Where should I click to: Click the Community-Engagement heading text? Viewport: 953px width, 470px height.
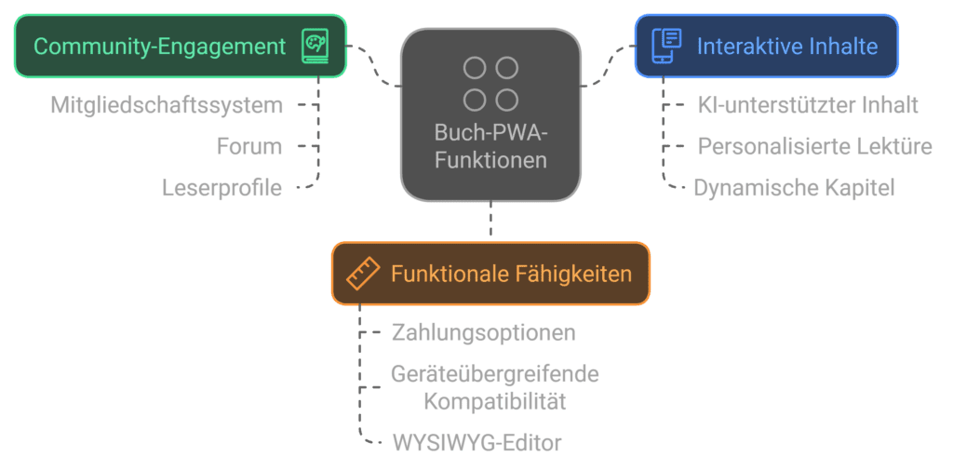coord(159,46)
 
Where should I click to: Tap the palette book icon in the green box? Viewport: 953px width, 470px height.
coord(315,46)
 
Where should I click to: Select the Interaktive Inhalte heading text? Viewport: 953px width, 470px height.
coord(786,46)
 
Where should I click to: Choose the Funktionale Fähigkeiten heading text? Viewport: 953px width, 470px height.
coord(511,274)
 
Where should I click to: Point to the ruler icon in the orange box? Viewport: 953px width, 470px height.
coord(362,274)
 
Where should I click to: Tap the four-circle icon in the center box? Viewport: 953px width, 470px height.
coord(490,84)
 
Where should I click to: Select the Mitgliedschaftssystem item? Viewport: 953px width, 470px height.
coord(167,105)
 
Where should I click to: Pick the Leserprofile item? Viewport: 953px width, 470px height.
coord(221,188)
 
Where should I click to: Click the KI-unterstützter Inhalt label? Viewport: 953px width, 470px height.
coord(808,105)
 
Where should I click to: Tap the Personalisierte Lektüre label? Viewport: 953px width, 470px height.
coord(815,146)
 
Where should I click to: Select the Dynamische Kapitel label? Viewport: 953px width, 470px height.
coord(794,188)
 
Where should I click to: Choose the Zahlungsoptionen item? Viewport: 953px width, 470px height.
coord(483,332)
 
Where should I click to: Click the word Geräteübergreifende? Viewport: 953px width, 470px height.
coord(494,375)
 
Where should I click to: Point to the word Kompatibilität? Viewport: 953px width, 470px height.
coord(494,401)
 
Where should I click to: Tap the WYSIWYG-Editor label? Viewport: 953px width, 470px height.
coord(476,443)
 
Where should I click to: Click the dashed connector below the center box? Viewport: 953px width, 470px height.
coord(490,223)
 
